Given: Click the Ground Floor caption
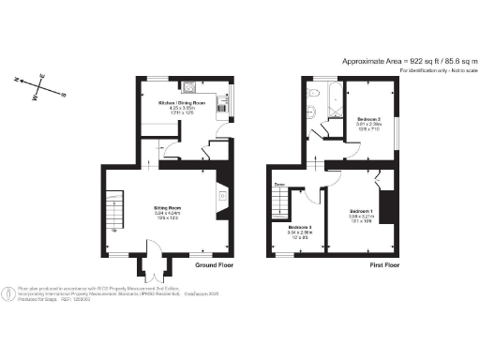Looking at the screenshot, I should pos(213,265).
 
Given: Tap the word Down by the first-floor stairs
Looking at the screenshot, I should pos(279,185).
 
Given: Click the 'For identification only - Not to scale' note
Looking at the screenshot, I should pos(437,71).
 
